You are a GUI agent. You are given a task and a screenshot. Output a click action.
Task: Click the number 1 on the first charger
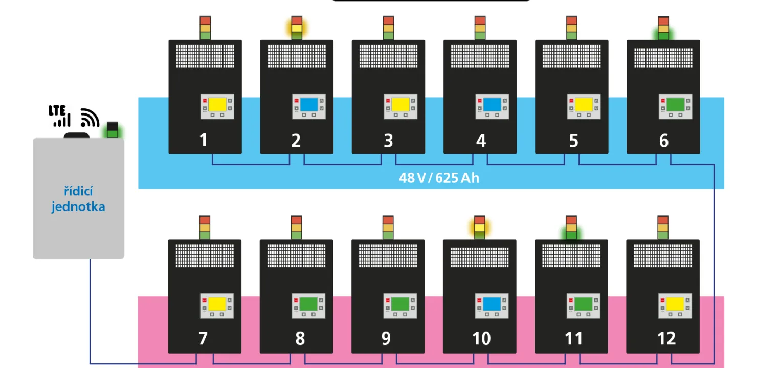tap(204, 140)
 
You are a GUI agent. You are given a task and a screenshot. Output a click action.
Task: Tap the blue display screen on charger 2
tap(308, 105)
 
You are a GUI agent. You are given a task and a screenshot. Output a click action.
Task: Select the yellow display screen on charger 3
tap(400, 105)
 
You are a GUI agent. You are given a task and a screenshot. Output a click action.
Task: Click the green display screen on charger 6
tap(675, 105)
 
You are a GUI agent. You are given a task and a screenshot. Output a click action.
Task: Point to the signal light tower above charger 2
tap(297, 28)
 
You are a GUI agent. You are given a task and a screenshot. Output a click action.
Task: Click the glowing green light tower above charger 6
tap(663, 28)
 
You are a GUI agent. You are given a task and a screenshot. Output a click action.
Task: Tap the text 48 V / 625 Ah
tap(439, 178)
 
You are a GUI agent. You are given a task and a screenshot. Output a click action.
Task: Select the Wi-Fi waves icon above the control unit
tap(90, 118)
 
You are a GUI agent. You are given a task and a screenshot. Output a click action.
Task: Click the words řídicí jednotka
tap(78, 199)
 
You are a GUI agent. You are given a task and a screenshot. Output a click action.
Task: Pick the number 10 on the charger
tap(481, 338)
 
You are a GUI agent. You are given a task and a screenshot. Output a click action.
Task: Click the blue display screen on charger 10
tap(492, 305)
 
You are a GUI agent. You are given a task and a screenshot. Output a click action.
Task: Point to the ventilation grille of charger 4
tap(480, 56)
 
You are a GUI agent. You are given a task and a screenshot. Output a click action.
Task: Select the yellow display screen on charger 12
tap(675, 305)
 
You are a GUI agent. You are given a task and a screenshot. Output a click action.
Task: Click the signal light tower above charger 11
tap(571, 227)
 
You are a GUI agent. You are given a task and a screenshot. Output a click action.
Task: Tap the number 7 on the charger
tap(203, 338)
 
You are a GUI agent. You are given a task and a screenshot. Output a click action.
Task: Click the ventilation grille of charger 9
tap(388, 256)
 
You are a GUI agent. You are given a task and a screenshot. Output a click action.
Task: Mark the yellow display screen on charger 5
tap(584, 105)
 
